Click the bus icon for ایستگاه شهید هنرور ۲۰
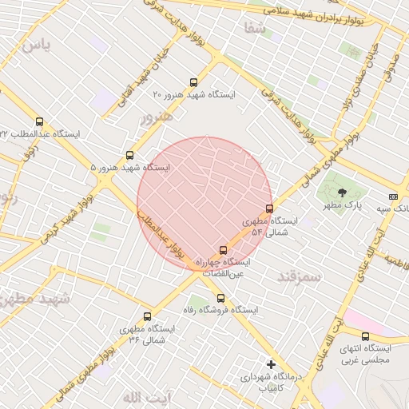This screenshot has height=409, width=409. pos(193,82)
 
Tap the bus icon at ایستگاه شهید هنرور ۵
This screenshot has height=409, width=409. pos(130,155)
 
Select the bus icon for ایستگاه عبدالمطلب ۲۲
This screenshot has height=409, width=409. pos(40,122)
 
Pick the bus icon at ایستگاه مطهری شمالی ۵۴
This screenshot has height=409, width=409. pos(269,208)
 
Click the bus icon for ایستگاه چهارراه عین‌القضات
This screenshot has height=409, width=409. pos(222,250)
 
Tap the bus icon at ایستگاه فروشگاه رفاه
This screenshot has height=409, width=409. pos(220,298)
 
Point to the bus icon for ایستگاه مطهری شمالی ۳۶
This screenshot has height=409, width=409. pos(147,316)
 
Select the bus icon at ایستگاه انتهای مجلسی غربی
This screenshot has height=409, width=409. pos(365,336)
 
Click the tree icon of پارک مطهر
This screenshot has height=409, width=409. pos(343,192)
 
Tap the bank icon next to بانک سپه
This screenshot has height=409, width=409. pos(392,196)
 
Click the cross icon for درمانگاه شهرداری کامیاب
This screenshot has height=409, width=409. pos(271,364)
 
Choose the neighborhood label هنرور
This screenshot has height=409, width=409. pos(156,118)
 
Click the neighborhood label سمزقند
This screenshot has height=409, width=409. pos(298,276)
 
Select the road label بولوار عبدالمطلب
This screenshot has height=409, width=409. pos(165,234)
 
